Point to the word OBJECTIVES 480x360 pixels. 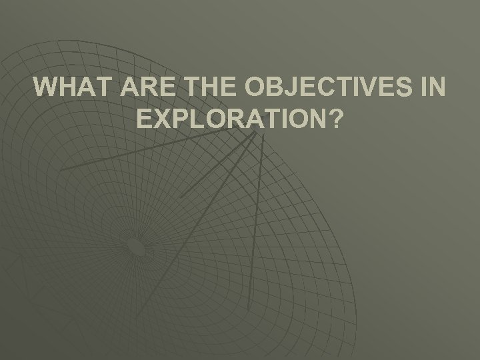(329, 88)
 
